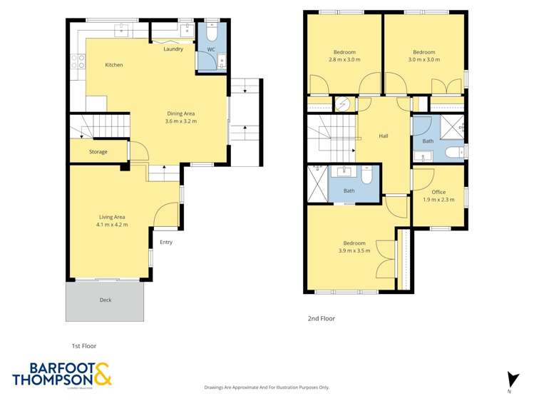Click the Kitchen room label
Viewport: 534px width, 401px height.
[x=114, y=65]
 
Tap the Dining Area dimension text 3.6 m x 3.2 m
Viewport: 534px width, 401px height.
[x=180, y=121]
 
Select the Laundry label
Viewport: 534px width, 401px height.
[x=173, y=49]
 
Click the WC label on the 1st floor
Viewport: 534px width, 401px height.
[x=211, y=49]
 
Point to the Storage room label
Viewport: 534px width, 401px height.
[x=98, y=152]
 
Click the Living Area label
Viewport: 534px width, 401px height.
[x=112, y=217]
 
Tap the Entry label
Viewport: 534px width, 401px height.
[x=166, y=242]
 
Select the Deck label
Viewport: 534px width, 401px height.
[x=105, y=300]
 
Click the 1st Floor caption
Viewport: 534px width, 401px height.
[x=83, y=346]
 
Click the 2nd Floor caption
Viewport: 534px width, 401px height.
[x=322, y=319]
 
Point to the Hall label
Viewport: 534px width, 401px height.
[x=384, y=136]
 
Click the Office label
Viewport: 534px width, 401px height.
[x=438, y=192]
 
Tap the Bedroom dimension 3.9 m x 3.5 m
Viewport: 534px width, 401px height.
[x=354, y=250]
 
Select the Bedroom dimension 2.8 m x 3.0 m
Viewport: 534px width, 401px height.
[x=344, y=60]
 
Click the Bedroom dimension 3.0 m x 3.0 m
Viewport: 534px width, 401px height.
[x=423, y=60]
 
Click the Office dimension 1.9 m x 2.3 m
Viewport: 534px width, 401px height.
[x=438, y=200]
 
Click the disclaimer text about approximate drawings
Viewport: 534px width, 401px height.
[x=267, y=387]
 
